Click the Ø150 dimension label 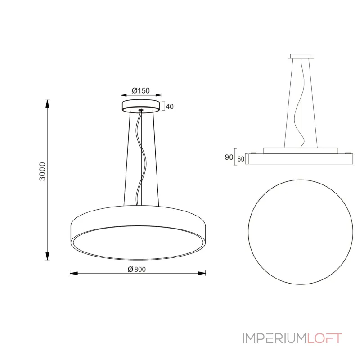coord(141,90)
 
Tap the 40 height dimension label coord(170,107)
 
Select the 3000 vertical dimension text coord(42,171)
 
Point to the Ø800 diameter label coord(138,269)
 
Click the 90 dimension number coord(228,157)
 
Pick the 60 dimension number coord(240,159)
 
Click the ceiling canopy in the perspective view coord(141,105)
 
